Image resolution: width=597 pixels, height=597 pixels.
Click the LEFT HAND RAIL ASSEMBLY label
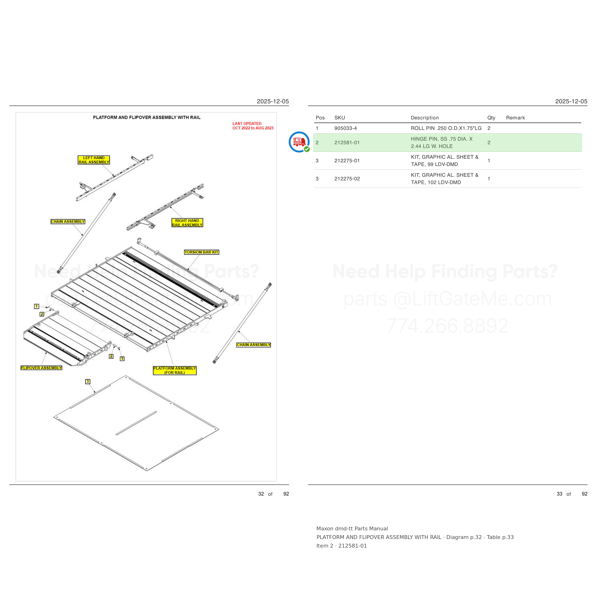tap(94, 160)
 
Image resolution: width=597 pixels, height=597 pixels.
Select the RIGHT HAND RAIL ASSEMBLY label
tap(187, 223)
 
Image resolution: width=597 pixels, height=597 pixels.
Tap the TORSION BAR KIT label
tap(202, 252)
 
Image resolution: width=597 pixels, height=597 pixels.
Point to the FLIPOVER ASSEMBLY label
tap(41, 368)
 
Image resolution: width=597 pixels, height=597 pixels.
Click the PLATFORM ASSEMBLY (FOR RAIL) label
tap(175, 370)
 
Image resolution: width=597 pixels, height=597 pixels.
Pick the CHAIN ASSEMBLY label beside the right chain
tap(253, 345)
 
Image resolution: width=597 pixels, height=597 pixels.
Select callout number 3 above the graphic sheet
tap(88, 382)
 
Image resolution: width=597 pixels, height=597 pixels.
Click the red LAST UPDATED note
tap(253, 126)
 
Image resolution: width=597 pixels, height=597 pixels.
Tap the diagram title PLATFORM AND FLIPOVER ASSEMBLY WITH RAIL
tap(147, 117)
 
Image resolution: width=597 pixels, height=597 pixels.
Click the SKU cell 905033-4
tap(346, 128)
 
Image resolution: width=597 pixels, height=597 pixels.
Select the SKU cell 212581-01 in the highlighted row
tap(347, 143)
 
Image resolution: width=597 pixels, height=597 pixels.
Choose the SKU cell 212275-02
tap(347, 179)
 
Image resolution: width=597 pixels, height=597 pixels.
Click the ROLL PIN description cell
tap(446, 128)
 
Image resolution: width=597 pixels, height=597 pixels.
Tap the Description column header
tap(425, 118)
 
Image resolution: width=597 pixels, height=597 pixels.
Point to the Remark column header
tap(515, 118)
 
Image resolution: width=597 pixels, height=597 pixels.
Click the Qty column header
tap(491, 118)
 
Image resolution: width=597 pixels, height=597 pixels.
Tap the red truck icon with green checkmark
tap(299, 142)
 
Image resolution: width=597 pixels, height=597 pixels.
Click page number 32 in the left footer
tap(261, 494)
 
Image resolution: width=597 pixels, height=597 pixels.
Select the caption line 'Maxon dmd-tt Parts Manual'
tap(352, 528)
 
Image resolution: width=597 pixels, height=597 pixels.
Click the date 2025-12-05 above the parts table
tap(571, 101)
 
